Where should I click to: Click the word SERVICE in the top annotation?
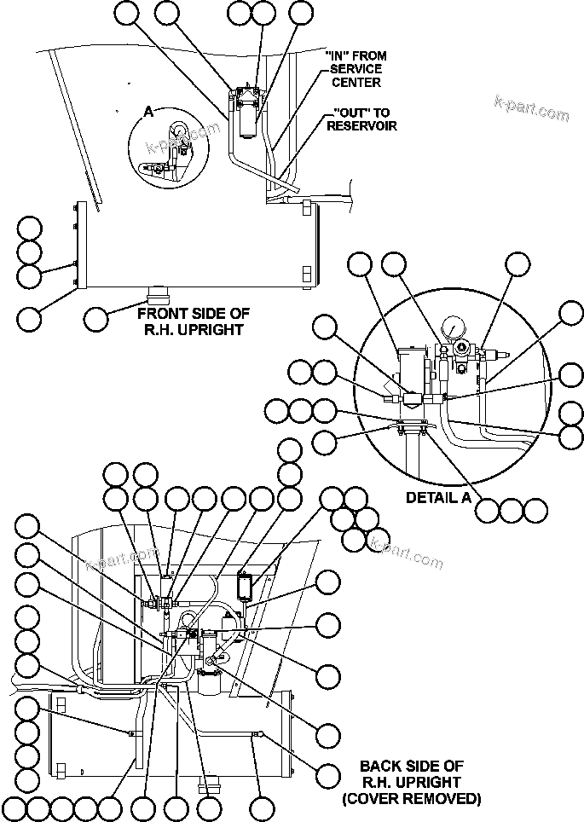354,68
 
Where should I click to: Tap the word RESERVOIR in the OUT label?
361,125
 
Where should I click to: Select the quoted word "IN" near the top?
338,55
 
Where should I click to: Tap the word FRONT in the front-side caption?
157,313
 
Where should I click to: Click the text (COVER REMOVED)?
411,799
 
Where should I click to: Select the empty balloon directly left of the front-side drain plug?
96,319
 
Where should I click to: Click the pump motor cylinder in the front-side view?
248,119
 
